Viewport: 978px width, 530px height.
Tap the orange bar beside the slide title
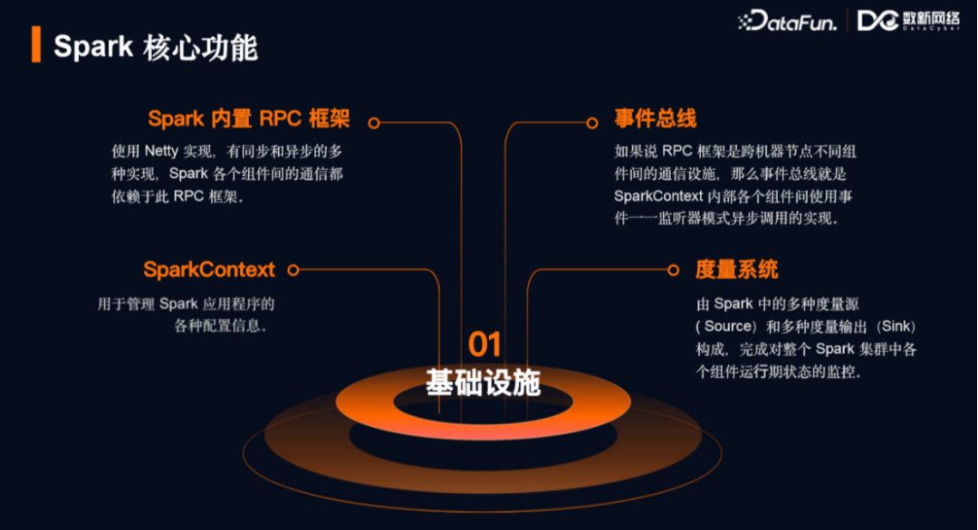36,44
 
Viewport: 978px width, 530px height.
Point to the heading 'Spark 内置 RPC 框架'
249,119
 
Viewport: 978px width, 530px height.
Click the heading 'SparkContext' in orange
209,270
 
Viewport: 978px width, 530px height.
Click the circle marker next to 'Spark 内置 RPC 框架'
373,122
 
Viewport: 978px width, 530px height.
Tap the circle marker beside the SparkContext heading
292,270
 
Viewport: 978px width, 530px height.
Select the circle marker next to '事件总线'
592,122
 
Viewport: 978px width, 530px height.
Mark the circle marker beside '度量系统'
673,270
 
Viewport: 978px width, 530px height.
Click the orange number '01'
484,344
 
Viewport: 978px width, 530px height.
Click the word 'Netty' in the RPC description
161,151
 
